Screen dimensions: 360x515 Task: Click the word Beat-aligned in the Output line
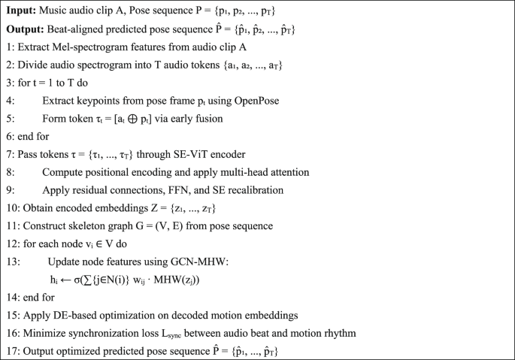coord(90,29)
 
